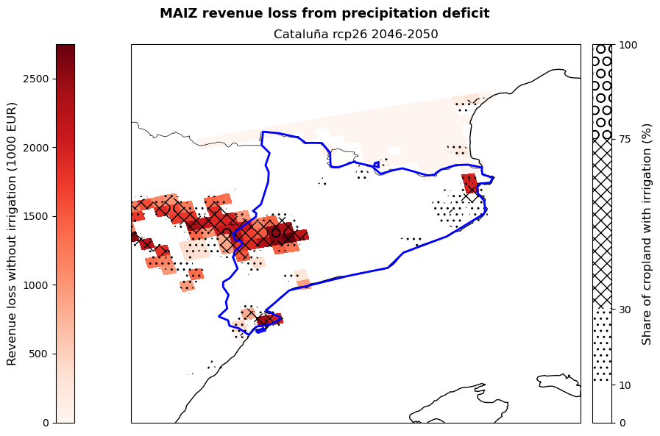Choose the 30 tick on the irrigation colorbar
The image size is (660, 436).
[x=625, y=310]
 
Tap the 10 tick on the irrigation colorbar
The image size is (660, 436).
[x=625, y=385]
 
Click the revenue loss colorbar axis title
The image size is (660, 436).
[x=12, y=233]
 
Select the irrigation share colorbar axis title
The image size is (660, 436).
[x=647, y=233]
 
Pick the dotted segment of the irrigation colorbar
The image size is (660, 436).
[x=603, y=346]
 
